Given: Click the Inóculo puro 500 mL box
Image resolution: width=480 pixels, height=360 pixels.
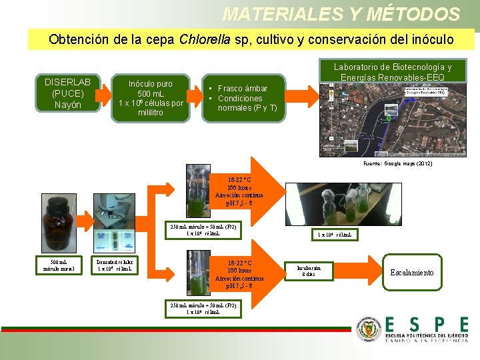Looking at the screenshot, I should (x=150, y=98).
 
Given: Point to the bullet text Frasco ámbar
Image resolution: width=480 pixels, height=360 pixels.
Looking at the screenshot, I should (x=242, y=89).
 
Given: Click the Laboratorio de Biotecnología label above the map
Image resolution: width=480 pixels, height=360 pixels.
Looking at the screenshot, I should (x=392, y=72).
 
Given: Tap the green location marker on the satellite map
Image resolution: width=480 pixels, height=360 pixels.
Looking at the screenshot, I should (x=389, y=119).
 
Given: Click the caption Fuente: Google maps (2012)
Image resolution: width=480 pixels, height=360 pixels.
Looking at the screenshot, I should (x=397, y=163).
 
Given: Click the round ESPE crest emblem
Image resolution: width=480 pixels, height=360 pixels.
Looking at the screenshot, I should (x=368, y=330).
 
